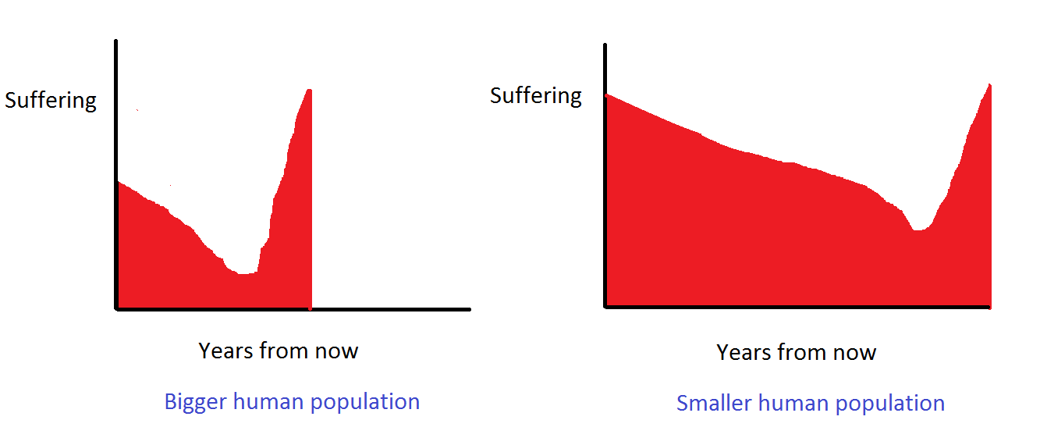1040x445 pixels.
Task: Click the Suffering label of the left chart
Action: [51, 101]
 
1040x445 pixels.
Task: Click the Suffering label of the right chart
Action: [536, 96]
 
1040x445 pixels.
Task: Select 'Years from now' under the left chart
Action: [278, 351]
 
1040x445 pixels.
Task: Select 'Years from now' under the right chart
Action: [796, 352]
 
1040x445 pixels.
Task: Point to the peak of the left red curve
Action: [310, 91]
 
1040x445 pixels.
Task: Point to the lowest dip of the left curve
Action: [245, 273]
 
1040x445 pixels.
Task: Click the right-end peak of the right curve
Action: [989, 85]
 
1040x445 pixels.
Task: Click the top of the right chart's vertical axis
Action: [605, 45]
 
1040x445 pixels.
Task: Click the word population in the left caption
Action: [365, 402]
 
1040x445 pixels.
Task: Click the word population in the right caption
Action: [889, 404]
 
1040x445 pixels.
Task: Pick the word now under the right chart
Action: [856, 352]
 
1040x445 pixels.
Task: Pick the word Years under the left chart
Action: [225, 351]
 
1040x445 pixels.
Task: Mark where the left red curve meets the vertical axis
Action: [118, 182]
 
